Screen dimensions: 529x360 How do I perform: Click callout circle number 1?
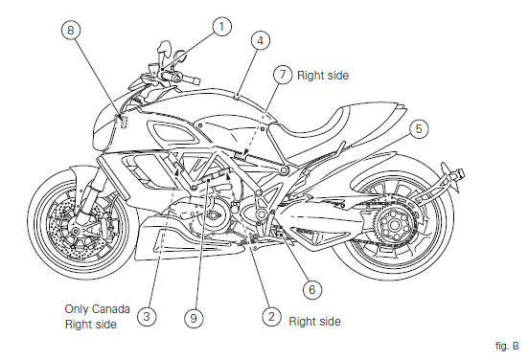click(x=222, y=27)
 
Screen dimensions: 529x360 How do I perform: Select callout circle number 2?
click(x=271, y=317)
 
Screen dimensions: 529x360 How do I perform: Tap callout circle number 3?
click(x=147, y=317)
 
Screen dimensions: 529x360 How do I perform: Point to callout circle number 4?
click(x=261, y=41)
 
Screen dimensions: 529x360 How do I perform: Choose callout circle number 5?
click(x=419, y=128)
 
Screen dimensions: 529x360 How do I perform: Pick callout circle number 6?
click(x=312, y=289)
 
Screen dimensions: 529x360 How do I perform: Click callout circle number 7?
click(x=283, y=75)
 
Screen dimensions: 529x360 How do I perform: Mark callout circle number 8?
click(x=71, y=31)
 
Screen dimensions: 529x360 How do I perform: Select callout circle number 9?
click(x=194, y=318)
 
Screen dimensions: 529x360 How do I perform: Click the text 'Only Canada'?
click(x=97, y=309)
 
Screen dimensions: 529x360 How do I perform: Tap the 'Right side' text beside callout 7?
click(x=323, y=76)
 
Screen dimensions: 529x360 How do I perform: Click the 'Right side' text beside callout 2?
click(x=314, y=322)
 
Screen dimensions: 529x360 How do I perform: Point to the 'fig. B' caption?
click(x=507, y=346)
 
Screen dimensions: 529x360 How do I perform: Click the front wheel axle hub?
click(x=77, y=231)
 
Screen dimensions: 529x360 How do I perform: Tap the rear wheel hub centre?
click(x=393, y=224)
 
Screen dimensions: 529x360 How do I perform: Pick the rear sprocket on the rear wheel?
click(x=393, y=224)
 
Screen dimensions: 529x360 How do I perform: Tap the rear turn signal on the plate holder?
click(x=458, y=174)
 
